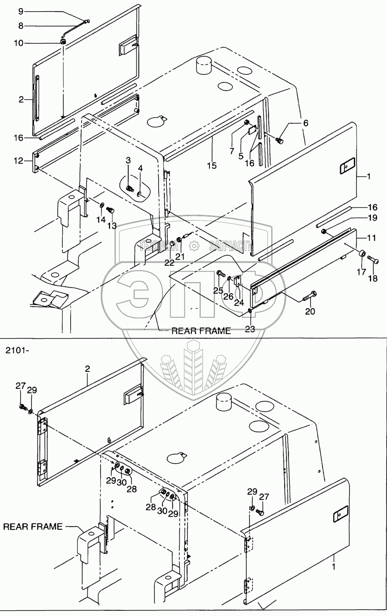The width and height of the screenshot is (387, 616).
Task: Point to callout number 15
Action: (x=211, y=165)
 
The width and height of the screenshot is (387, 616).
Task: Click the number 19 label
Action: (x=372, y=218)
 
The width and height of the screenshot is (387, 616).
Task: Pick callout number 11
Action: (x=372, y=237)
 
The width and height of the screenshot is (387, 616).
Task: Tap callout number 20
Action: (x=310, y=311)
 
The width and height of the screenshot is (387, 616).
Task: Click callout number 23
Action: (x=250, y=329)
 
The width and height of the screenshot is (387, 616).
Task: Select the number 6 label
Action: (x=305, y=123)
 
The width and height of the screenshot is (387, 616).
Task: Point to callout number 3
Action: (x=128, y=160)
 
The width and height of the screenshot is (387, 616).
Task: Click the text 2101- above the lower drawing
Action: (x=18, y=350)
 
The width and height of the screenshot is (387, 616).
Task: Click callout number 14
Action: (x=101, y=220)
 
